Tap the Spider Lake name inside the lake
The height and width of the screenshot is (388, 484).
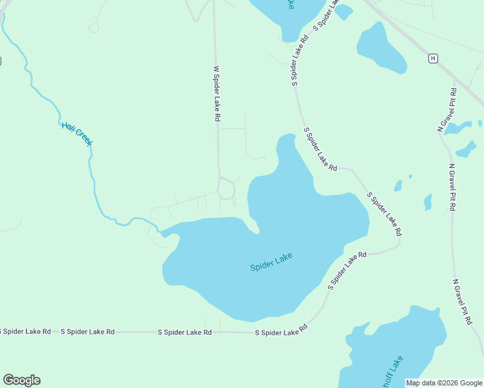[x=271, y=261]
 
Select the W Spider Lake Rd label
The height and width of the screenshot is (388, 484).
[x=217, y=94]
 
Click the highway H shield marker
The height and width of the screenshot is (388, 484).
[x=433, y=58]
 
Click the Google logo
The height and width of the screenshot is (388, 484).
[x=21, y=380]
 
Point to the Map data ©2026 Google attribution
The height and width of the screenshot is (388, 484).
[x=444, y=383]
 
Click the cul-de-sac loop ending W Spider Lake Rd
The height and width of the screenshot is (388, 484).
[x=226, y=189]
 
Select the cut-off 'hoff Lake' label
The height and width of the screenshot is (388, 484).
[x=393, y=372]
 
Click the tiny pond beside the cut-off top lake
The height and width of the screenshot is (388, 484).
[x=344, y=12]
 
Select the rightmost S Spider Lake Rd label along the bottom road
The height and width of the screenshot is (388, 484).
[x=281, y=332]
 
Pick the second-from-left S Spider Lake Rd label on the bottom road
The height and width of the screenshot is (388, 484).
[x=87, y=332]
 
